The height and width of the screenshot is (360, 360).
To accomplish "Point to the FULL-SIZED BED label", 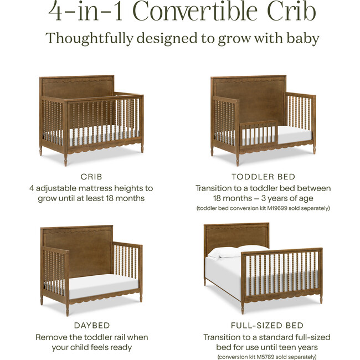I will coord(263,325).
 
